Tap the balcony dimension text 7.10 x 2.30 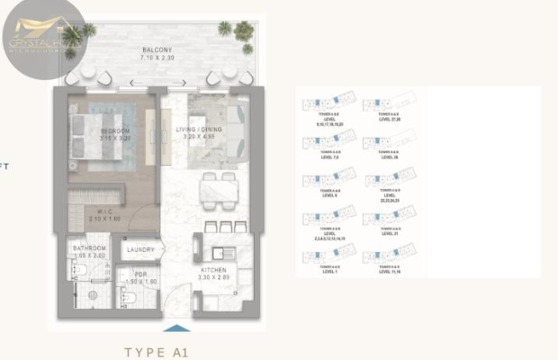tap(157, 58)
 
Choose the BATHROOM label tap(90, 247)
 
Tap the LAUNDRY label tap(140, 250)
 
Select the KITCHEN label tap(213, 269)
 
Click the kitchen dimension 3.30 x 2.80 tap(213, 278)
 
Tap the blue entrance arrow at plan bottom tap(177, 328)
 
